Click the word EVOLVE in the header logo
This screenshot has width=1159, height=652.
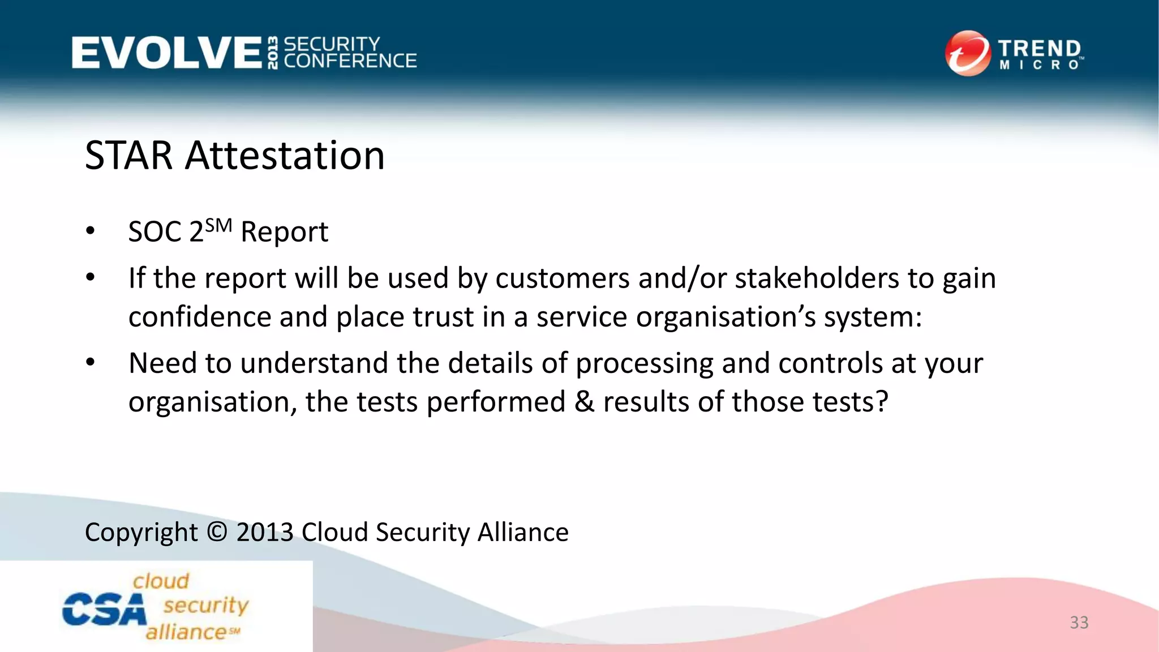[166, 53]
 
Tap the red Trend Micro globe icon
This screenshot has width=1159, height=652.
[967, 53]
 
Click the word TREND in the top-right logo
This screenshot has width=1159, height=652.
[1039, 49]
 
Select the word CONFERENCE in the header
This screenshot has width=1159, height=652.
[350, 61]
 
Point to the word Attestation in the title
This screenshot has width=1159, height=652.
[285, 156]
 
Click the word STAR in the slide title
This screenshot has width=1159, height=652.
[128, 156]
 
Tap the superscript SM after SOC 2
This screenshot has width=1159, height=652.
[218, 226]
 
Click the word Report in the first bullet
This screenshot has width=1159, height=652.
[284, 232]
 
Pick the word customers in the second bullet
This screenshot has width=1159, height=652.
[563, 278]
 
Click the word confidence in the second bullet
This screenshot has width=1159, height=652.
[200, 316]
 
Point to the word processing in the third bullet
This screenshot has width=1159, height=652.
[644, 364]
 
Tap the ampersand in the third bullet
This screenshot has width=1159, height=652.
[584, 402]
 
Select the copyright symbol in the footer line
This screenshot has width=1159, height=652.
[217, 532]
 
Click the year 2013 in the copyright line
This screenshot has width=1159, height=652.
[264, 532]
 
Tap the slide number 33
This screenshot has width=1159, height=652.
[1079, 623]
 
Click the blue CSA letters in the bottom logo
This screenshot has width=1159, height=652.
[104, 610]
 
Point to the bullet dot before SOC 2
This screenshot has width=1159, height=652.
[91, 231]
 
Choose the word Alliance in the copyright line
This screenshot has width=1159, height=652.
[523, 532]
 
